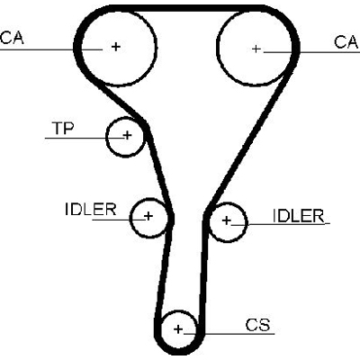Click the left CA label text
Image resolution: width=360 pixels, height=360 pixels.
pos(12,38)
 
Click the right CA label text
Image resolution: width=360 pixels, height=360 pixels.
pos(346,42)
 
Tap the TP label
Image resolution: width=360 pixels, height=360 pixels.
pos(63,128)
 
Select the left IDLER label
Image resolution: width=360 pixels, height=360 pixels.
pos(91,209)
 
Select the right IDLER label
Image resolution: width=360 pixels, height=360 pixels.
pos(299,216)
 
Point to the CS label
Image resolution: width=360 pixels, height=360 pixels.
pos(257,325)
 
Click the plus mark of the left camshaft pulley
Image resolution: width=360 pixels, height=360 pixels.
pos(116,47)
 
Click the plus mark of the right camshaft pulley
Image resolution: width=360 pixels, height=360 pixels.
pos(256,49)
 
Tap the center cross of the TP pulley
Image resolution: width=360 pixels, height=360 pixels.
pos(127,135)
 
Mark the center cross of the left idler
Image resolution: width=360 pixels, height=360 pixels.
pos(148,216)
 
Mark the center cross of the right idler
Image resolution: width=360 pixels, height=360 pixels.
pos(227,220)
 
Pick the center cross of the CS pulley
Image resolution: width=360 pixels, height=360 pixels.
pos(178,329)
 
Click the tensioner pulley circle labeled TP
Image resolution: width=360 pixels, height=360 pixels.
pos(107,137)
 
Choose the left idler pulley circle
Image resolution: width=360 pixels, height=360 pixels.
pos(130,218)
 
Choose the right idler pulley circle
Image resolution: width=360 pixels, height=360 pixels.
pos(247,222)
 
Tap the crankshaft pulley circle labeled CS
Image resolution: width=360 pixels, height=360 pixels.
pos(162,329)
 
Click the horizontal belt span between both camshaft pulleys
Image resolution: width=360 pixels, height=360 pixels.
pos(186,8)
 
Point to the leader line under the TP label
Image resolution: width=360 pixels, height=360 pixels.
pos(85,138)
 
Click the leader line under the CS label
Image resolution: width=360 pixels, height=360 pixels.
pos(229,334)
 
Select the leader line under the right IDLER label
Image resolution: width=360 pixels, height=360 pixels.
pos(281,223)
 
